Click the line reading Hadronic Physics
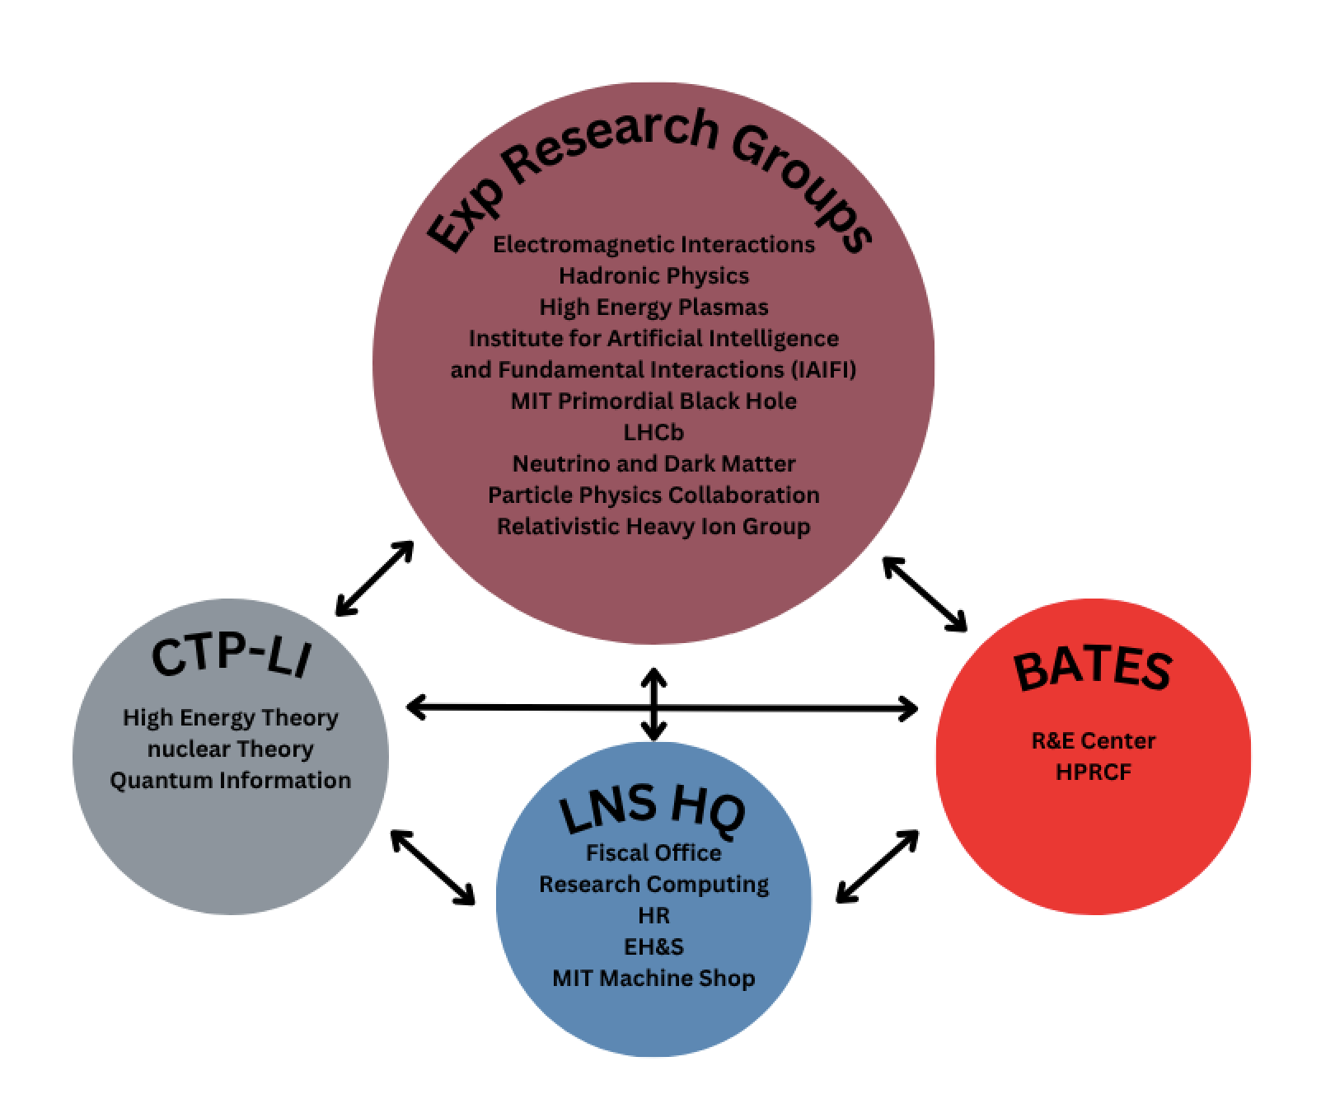click(x=653, y=275)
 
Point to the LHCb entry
click(x=653, y=432)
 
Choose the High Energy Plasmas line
click(x=653, y=307)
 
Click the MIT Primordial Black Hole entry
click(x=653, y=401)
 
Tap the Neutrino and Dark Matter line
click(x=653, y=463)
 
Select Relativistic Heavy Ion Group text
click(x=653, y=526)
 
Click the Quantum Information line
click(x=230, y=780)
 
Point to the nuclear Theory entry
click(x=230, y=749)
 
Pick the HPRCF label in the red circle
click(x=1094, y=773)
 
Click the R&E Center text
click(x=1094, y=740)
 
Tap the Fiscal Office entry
click(x=653, y=852)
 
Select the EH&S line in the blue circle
click(x=653, y=946)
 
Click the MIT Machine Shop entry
click(x=653, y=979)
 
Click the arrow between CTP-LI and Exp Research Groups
click(x=374, y=578)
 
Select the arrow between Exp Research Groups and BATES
click(x=925, y=594)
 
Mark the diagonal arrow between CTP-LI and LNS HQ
click(x=433, y=867)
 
